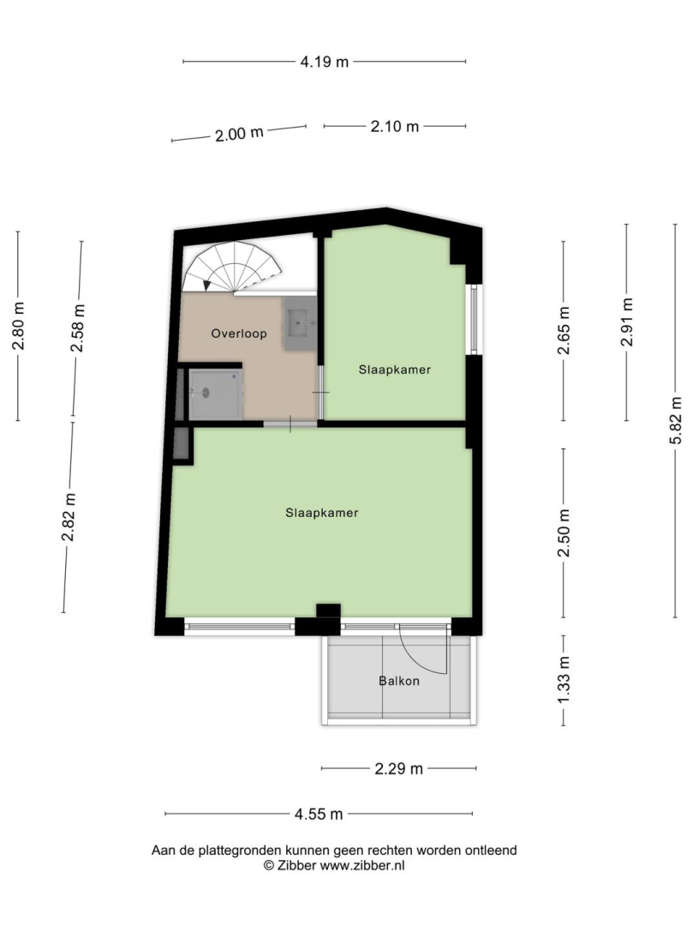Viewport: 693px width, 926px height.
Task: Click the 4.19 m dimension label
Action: tap(325, 62)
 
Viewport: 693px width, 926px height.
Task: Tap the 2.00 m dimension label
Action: tap(239, 134)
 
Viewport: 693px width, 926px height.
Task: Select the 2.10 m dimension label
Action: tap(395, 126)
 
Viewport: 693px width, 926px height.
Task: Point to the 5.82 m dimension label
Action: tap(676, 420)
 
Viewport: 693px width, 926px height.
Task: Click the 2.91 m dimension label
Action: tap(626, 322)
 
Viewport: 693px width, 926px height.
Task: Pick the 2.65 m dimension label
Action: tap(564, 331)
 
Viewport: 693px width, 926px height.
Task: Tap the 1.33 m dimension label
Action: tap(564, 680)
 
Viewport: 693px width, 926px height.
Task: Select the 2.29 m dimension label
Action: tap(398, 769)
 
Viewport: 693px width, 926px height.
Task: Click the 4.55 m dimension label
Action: tap(319, 815)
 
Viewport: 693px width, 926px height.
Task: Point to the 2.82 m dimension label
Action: tap(69, 517)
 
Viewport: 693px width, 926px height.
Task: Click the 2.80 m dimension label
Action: tap(18, 326)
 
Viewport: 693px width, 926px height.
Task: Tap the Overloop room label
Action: tap(239, 334)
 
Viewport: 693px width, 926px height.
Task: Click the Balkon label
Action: tap(399, 681)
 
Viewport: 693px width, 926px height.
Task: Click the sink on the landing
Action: tap(300, 323)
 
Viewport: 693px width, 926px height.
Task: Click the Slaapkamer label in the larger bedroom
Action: tap(322, 513)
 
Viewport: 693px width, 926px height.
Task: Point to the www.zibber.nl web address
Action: tap(362, 866)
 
